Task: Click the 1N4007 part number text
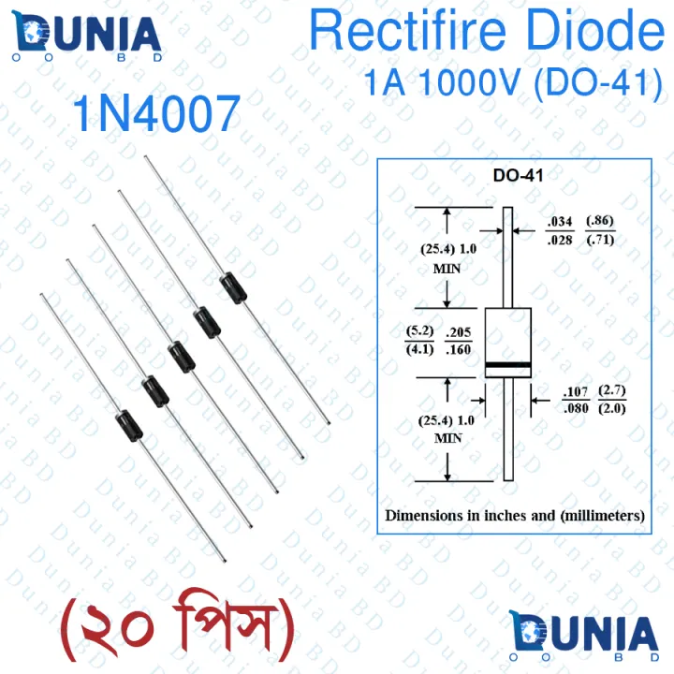[x=156, y=116]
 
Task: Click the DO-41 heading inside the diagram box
[x=518, y=175]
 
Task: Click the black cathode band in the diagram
[x=508, y=364]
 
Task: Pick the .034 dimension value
[x=559, y=223]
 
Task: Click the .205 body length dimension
[x=459, y=332]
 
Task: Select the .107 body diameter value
[x=575, y=390]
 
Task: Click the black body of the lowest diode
[x=128, y=427]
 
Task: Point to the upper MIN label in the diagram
[x=447, y=267]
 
